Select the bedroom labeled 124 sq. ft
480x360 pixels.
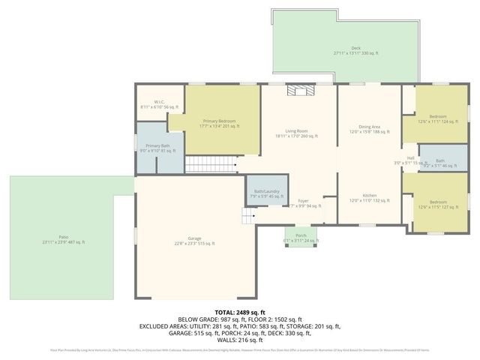(x=437, y=118)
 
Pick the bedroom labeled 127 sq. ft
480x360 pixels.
(x=437, y=205)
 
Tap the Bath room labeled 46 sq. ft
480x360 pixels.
(x=439, y=163)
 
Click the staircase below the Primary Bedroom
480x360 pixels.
(x=210, y=163)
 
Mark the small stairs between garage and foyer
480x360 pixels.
(x=247, y=217)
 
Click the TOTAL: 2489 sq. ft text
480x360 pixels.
(x=240, y=311)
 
